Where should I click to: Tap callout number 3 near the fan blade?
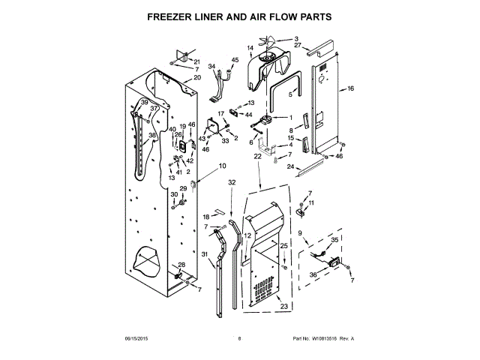(295, 39)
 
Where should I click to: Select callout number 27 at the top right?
(298, 46)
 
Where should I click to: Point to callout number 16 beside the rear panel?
(350, 88)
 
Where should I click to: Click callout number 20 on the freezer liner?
(197, 78)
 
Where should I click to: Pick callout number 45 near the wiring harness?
(235, 60)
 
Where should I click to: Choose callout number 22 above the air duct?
(257, 156)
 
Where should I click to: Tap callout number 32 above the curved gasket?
(232, 181)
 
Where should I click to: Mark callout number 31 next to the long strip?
(204, 256)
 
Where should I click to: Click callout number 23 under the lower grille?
(283, 306)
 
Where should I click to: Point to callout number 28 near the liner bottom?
(181, 265)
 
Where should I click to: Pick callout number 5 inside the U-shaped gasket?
(291, 95)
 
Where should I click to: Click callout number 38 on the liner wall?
(151, 136)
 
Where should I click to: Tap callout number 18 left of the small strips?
(206, 217)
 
